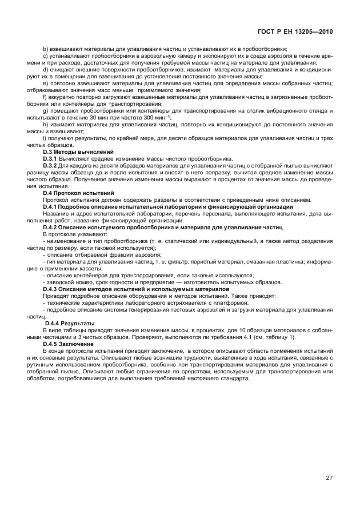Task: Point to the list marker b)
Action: [x=46, y=49]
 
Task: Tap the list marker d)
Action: [x=46, y=69]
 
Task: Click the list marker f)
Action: [x=45, y=97]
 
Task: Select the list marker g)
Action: [x=46, y=110]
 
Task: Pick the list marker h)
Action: [x=46, y=124]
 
